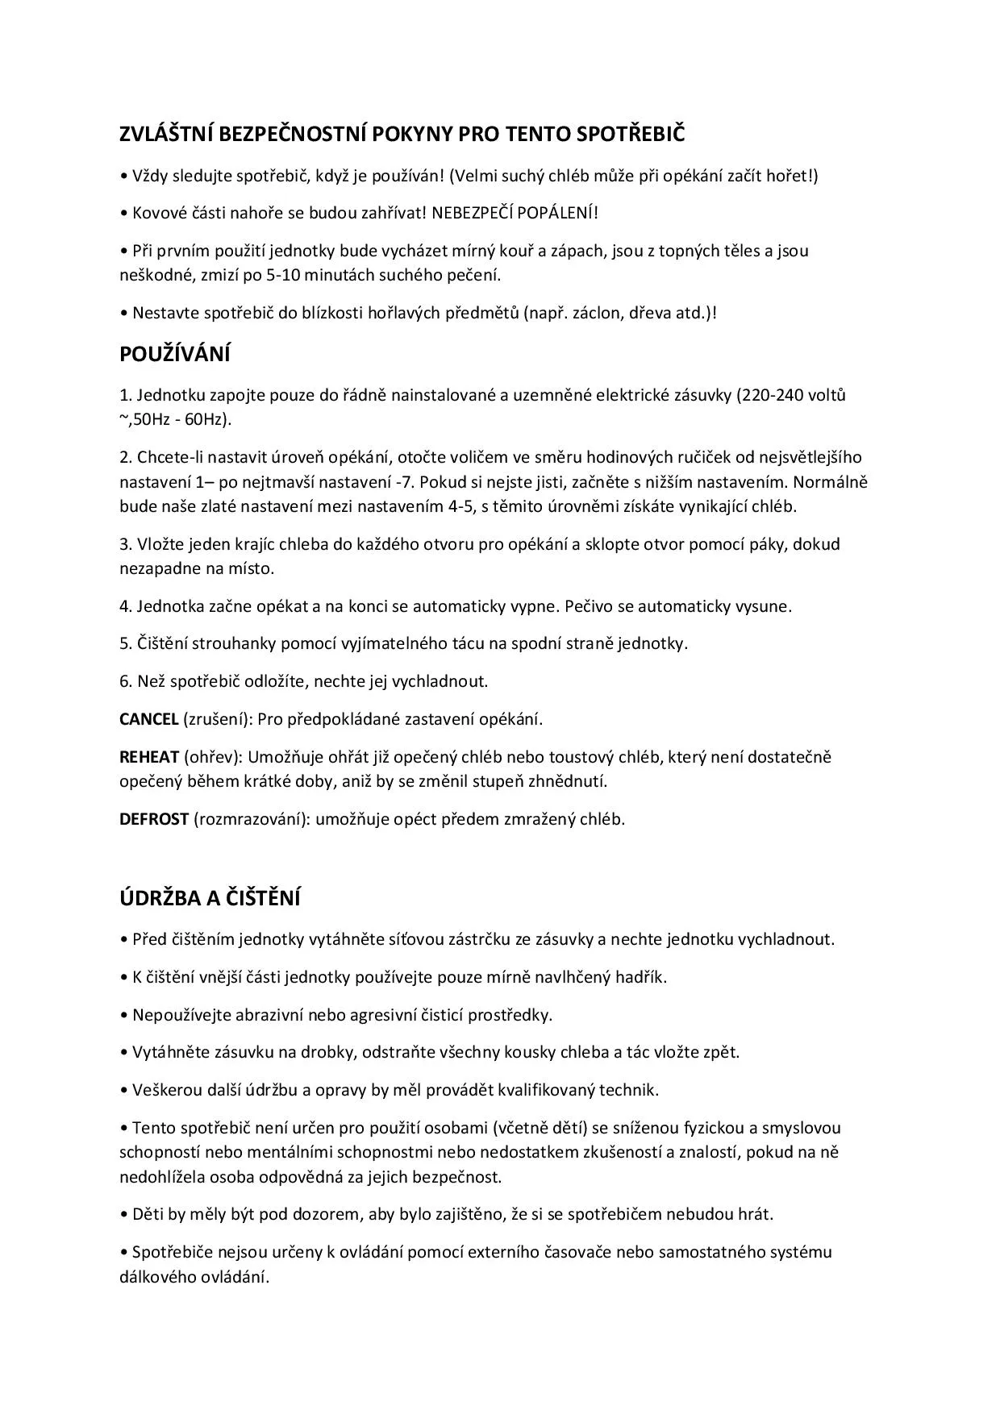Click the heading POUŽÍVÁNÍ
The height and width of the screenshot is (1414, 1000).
coord(175,354)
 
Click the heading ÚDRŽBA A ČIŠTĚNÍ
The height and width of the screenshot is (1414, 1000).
coord(210,898)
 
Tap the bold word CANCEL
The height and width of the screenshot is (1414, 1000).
coord(148,718)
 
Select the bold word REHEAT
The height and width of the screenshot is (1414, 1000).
coord(149,756)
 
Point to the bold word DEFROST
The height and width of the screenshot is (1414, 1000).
coord(154,819)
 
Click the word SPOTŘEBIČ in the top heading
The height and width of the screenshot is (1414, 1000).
coord(630,134)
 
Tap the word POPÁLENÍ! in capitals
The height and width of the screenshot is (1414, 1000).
coord(557,213)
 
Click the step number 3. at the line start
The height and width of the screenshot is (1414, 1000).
coord(126,544)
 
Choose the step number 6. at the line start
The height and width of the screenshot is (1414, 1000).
coord(126,681)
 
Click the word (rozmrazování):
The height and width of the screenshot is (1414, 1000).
coord(252,819)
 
